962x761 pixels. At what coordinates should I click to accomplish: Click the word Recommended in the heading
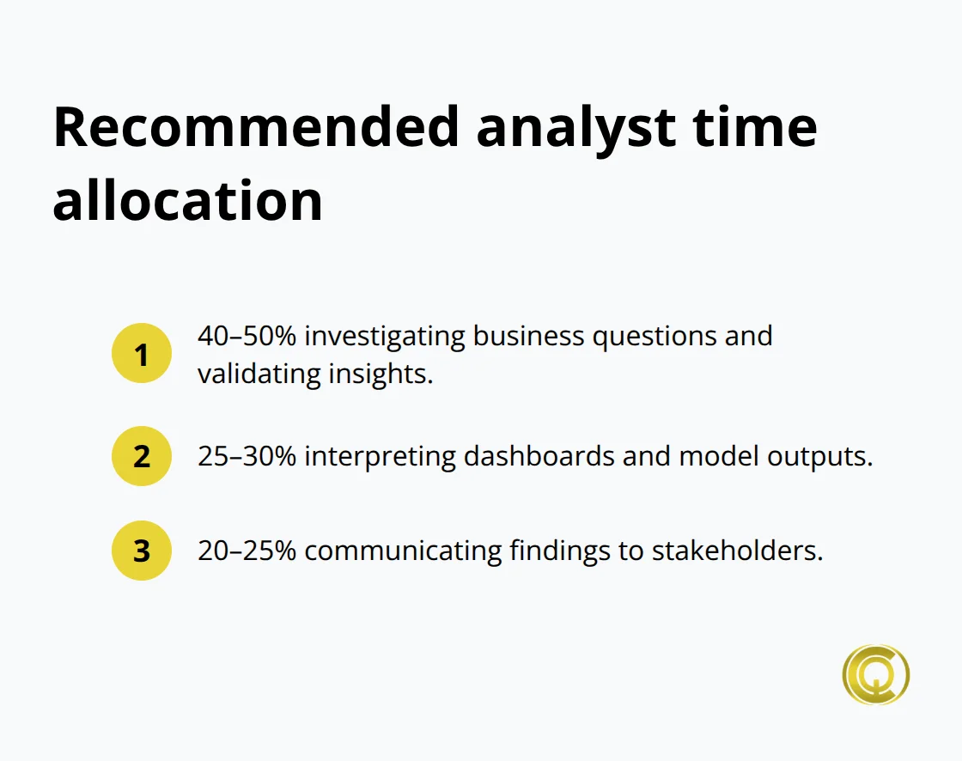(x=256, y=127)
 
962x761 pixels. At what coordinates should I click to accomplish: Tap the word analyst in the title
(x=574, y=127)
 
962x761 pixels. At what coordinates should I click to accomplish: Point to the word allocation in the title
(x=187, y=201)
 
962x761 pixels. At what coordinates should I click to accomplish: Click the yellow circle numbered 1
(x=142, y=353)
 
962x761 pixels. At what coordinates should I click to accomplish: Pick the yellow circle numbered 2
(x=142, y=456)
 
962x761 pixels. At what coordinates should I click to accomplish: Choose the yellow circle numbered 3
(x=142, y=551)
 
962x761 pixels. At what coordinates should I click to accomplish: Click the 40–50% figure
(x=247, y=335)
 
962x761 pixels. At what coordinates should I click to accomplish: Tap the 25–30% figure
(x=247, y=456)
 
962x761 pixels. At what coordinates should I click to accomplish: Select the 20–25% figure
(x=247, y=551)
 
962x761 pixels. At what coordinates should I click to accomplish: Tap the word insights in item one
(x=388, y=374)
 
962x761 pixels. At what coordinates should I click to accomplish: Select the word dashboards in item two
(x=539, y=456)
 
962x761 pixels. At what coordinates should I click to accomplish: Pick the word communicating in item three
(x=402, y=551)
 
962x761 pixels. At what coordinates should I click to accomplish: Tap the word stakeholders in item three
(x=737, y=551)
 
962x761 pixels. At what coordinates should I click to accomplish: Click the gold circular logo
(x=875, y=675)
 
